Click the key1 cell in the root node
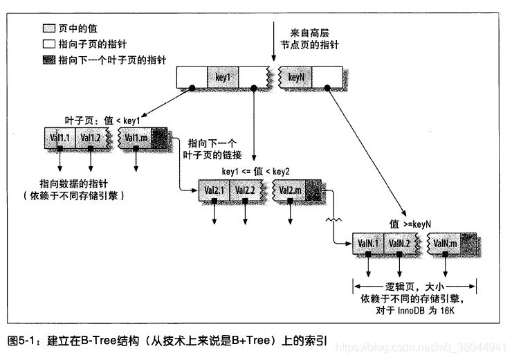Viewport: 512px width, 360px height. pyautogui.click(x=223, y=78)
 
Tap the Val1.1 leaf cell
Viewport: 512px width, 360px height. pyautogui.click(x=60, y=137)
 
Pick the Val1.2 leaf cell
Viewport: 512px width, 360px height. pyautogui.click(x=91, y=137)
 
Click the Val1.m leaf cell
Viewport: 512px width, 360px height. pyautogui.click(x=136, y=137)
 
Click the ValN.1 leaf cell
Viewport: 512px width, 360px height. pyautogui.click(x=368, y=244)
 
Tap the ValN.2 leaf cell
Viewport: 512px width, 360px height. pyautogui.click(x=399, y=244)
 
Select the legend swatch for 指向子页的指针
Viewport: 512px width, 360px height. pyautogui.click(x=48, y=45)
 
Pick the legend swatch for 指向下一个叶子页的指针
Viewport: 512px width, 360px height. pyautogui.click(x=48, y=60)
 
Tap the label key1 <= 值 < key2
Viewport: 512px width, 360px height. pyautogui.click(x=255, y=171)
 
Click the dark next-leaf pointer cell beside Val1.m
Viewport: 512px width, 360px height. pyautogui.click(x=159, y=137)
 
